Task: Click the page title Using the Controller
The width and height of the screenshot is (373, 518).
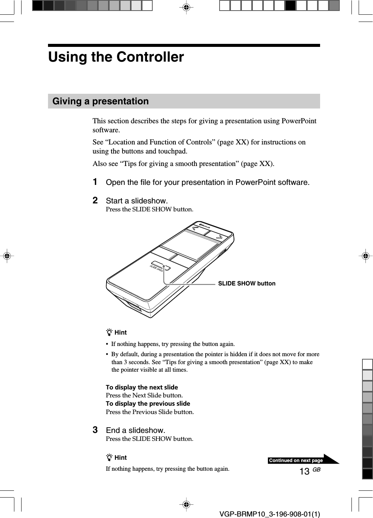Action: pos(116,57)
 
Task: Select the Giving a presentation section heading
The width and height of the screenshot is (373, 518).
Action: pos(101,101)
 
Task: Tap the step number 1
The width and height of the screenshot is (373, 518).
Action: pos(96,182)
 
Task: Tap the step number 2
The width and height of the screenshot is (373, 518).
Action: pos(96,200)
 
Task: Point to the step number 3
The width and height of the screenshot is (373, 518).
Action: pos(96,430)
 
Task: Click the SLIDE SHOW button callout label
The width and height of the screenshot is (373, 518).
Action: pos(246,284)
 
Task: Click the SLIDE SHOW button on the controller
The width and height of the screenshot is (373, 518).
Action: pos(160,266)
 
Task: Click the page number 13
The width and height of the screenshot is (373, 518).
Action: pos(304,471)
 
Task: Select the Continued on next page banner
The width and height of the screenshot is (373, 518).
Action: pos(296,461)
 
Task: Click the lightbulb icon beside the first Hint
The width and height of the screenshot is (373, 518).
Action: pos(109,333)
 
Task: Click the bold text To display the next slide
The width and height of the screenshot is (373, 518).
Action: pos(142,387)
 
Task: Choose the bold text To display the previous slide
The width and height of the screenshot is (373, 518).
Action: pos(148,403)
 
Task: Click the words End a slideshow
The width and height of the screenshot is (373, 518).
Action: pos(135,430)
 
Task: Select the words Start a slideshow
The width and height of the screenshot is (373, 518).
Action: pos(137,201)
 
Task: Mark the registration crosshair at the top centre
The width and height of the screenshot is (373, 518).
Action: pos(186,7)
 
